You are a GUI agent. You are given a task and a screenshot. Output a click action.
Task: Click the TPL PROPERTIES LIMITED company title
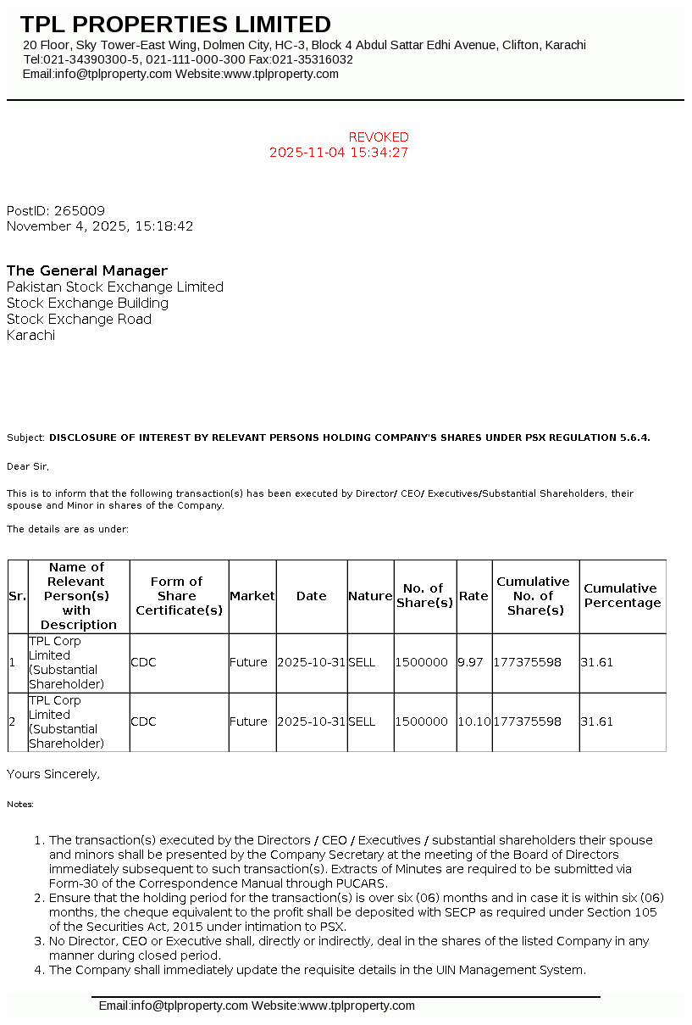tap(175, 25)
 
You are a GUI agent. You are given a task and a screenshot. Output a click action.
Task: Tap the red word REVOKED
tap(379, 137)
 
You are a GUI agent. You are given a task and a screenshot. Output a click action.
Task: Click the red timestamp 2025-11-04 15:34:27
tap(339, 153)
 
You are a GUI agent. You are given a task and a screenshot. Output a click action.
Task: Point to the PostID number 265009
tap(80, 211)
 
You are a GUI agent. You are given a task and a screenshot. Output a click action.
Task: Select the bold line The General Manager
tap(87, 271)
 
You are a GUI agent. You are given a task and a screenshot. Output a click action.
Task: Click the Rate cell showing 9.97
tap(470, 662)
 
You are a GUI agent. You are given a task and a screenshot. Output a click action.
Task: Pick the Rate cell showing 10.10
tap(473, 721)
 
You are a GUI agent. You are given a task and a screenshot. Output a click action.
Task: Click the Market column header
tap(252, 596)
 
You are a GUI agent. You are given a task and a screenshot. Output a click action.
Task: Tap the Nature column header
tap(370, 596)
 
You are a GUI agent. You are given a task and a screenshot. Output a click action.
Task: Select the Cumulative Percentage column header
tap(622, 595)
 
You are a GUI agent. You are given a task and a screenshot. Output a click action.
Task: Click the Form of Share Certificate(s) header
tap(179, 596)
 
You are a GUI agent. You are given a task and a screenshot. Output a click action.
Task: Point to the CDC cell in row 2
tap(143, 721)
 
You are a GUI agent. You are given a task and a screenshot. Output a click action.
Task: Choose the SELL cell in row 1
tap(362, 662)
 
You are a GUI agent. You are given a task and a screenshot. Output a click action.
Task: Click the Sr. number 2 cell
tap(13, 721)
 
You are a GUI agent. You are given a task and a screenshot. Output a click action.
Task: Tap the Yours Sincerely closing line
tap(53, 774)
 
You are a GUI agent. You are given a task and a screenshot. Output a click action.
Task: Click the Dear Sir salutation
tap(28, 465)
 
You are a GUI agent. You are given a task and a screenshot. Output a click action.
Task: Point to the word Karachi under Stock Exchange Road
tap(30, 336)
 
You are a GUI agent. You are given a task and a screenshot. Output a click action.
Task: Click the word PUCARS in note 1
tap(367, 883)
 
